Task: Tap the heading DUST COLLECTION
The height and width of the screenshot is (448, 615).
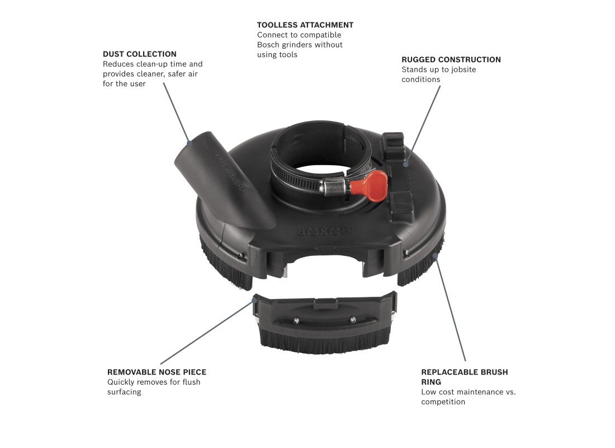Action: pyautogui.click(x=140, y=54)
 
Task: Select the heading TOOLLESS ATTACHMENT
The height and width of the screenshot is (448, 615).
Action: pyautogui.click(x=305, y=25)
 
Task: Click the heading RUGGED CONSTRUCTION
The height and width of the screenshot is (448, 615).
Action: pyautogui.click(x=451, y=60)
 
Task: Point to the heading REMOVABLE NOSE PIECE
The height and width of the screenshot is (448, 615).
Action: pyautogui.click(x=157, y=372)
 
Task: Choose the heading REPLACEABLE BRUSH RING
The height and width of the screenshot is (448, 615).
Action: pyautogui.click(x=465, y=377)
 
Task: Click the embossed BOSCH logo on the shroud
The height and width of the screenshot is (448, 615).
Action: pyautogui.click(x=324, y=231)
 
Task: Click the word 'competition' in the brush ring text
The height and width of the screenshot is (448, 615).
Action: pyautogui.click(x=443, y=402)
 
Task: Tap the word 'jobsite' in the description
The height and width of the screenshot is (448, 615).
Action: pyautogui.click(x=463, y=69)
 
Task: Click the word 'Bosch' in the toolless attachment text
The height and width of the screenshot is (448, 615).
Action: pyautogui.click(x=269, y=45)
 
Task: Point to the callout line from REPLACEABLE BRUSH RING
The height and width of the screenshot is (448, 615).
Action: pyautogui.click(x=450, y=307)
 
